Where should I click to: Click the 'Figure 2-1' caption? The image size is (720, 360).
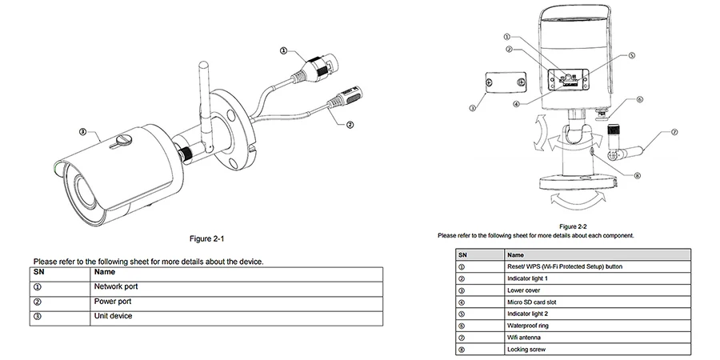coord(206,238)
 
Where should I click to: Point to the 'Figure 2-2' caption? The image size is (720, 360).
coord(573,226)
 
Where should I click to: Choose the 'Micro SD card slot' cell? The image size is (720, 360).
coord(598,302)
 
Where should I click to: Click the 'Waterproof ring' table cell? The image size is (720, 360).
coord(598,326)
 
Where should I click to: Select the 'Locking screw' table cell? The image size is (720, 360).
coord(598,350)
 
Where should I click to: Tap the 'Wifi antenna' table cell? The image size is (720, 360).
coord(598,338)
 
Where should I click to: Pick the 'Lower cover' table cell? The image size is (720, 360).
coord(598,290)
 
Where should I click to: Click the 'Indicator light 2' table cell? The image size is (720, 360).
coord(598,314)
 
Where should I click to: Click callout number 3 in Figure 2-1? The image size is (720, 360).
coord(82,132)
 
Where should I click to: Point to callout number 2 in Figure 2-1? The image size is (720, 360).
coord(350,125)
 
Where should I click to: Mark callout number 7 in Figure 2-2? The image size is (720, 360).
coord(674,132)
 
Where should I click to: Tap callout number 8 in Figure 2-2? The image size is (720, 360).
coord(637,175)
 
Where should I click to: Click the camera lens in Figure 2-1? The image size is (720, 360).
coord(84,189)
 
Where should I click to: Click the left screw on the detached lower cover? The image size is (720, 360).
coord(490,82)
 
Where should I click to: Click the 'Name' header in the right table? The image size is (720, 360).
coord(515,255)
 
